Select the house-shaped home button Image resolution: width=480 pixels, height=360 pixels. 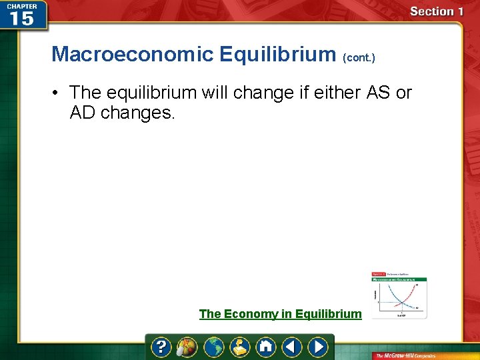coord(266,347)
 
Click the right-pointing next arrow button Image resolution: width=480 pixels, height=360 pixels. coord(318,347)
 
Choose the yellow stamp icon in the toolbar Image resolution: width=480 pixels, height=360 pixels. coord(240,347)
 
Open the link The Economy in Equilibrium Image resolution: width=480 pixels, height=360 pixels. coord(280,314)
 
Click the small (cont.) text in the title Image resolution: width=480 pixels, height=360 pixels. coord(359,58)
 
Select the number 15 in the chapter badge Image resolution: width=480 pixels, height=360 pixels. coord(21,19)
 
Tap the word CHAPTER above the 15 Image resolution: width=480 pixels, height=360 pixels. coord(21,5)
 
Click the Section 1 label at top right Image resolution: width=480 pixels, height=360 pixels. coord(437,11)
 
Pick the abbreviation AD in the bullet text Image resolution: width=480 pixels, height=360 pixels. coord(83,113)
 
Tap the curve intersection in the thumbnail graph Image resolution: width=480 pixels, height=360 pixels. coord(399,298)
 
